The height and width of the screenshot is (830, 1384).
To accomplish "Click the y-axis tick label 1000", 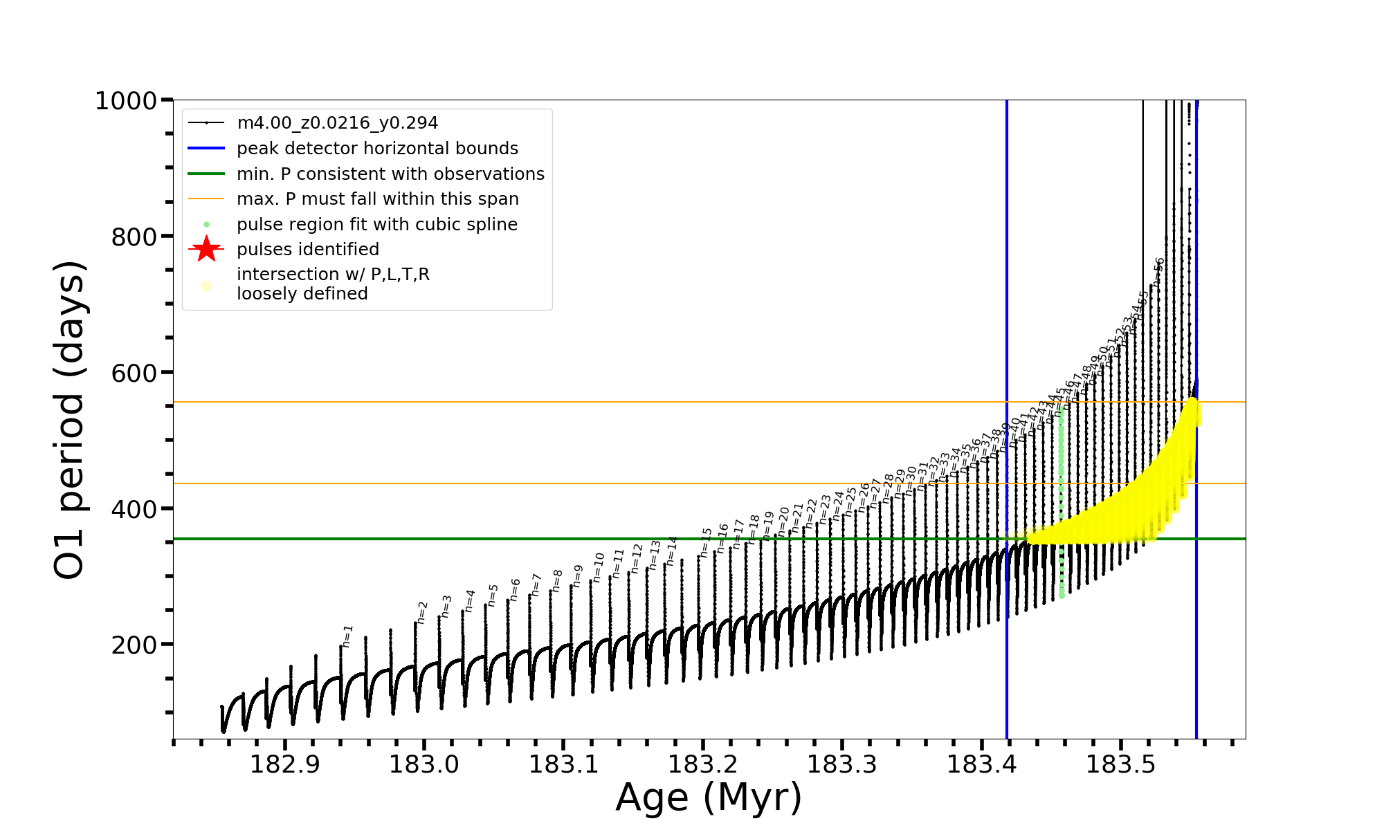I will pyautogui.click(x=126, y=101).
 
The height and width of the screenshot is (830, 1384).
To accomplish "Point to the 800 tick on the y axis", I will pyautogui.click(x=134, y=237).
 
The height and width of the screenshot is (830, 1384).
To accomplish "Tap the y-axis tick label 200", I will pyautogui.click(x=134, y=645).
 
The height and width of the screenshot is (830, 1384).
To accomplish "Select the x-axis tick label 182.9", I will pyautogui.click(x=284, y=764).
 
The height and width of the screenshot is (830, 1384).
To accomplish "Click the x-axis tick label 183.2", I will pyautogui.click(x=702, y=764).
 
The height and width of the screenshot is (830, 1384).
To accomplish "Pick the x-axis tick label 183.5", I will pyautogui.click(x=1120, y=764).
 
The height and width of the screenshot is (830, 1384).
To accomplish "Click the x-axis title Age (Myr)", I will pyautogui.click(x=709, y=797).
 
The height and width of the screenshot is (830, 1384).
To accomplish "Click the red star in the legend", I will pyautogui.click(x=206, y=249).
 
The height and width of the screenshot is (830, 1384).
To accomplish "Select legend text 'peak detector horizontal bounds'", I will pyautogui.click(x=377, y=149).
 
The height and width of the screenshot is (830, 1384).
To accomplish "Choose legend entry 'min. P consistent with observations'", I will pyautogui.click(x=390, y=174).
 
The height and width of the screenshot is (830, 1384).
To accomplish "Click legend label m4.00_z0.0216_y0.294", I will pyautogui.click(x=337, y=123).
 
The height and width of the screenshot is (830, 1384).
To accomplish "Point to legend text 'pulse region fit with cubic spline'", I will pyautogui.click(x=376, y=225).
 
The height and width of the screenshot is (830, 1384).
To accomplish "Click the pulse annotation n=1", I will pyautogui.click(x=347, y=636).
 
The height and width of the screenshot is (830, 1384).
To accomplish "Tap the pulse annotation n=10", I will pyautogui.click(x=599, y=567).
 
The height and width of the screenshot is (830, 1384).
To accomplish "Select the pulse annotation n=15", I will pyautogui.click(x=706, y=543).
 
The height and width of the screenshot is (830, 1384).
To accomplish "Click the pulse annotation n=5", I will pyautogui.click(x=493, y=595).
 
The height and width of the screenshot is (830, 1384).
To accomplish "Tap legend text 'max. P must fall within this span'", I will pyautogui.click(x=377, y=199).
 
